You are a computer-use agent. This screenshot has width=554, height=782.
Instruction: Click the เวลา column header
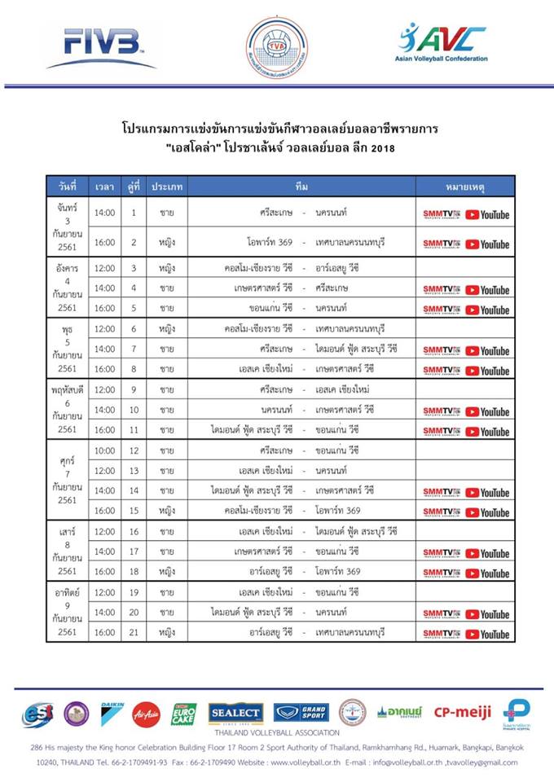click(104, 187)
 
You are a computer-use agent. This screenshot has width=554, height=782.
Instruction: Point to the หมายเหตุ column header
click(464, 187)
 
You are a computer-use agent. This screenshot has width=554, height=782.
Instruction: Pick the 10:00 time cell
click(104, 450)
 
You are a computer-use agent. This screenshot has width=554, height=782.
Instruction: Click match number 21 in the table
click(134, 632)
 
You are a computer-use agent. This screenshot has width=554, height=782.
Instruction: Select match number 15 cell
click(134, 511)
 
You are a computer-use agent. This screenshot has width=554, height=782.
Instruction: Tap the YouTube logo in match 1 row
click(487, 214)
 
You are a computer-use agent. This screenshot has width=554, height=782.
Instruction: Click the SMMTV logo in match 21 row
click(441, 633)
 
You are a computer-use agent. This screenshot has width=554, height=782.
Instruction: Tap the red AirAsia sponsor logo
click(147, 713)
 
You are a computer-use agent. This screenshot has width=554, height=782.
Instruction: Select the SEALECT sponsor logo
click(235, 713)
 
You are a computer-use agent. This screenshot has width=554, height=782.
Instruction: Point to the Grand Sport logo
click(301, 713)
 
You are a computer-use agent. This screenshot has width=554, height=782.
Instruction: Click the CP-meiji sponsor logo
click(462, 713)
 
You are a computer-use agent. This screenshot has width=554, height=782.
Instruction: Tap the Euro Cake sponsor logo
click(183, 713)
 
